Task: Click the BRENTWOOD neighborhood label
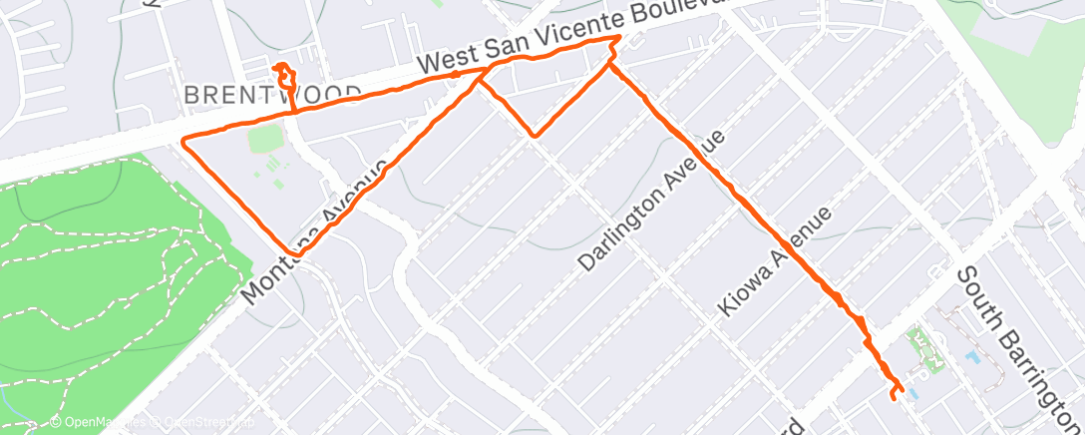[x=272, y=95]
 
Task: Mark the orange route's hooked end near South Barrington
[x=895, y=390]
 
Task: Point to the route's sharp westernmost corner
[x=182, y=142]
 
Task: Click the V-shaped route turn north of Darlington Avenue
[x=536, y=135]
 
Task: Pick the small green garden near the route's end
[x=928, y=349]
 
